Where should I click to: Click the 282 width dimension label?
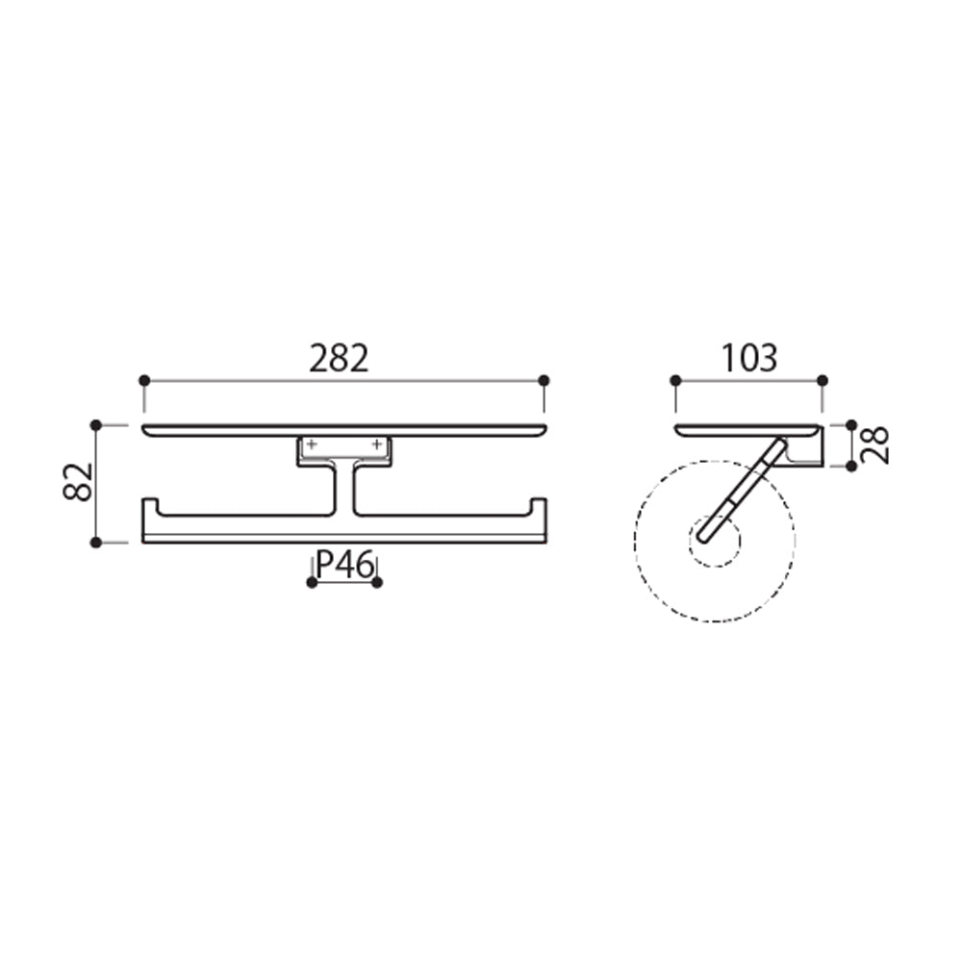[339, 359]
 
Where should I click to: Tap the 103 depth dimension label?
[749, 359]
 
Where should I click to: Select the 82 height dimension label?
[79, 482]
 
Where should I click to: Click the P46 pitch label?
[344, 565]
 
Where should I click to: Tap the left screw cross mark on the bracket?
[312, 444]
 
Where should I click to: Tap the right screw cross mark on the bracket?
[377, 444]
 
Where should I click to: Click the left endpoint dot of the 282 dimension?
[145, 381]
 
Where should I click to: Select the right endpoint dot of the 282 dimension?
[544, 381]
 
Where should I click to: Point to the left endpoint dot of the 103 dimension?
[675, 381]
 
